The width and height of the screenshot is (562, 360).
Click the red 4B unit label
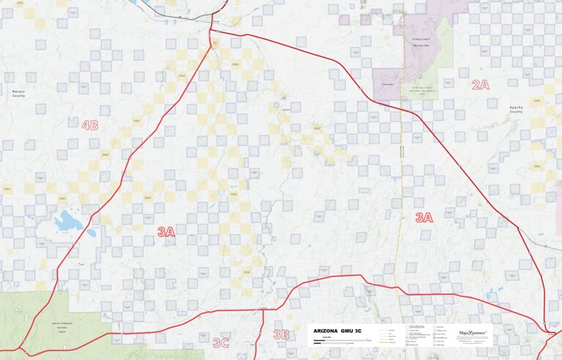pyautogui.click(x=89, y=125)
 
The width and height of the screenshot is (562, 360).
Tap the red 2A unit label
pyautogui.click(x=480, y=85)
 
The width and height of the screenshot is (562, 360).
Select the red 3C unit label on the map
pyautogui.click(x=221, y=342)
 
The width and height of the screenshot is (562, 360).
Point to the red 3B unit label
pyautogui.click(x=281, y=334)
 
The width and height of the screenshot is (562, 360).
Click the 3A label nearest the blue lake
pyautogui.click(x=166, y=232)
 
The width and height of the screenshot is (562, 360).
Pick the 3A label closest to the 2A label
pyautogui.click(x=424, y=217)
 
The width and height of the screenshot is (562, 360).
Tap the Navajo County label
pyautogui.click(x=18, y=92)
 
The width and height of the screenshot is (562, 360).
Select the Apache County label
pyautogui.click(x=517, y=109)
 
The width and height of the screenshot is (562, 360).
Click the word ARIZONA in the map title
pyautogui.click(x=328, y=331)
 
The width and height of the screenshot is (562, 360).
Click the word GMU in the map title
pyautogui.click(x=350, y=331)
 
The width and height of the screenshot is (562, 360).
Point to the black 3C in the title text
pyautogui.click(x=366, y=331)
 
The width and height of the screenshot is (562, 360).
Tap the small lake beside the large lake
pyautogui.click(x=91, y=233)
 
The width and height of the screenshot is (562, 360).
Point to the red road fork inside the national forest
pyautogui.click(x=26, y=342)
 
